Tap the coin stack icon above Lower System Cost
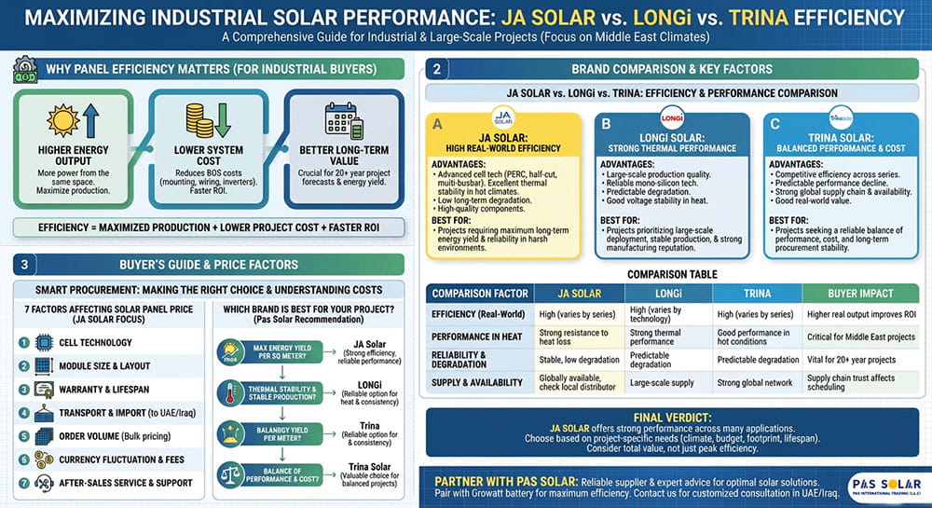pyautogui.click(x=201, y=120)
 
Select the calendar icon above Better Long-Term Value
pyautogui.click(x=336, y=120)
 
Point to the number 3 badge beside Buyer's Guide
pyautogui.click(x=22, y=264)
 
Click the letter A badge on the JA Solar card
pyautogui.click(x=436, y=122)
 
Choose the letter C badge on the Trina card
pyautogui.click(x=773, y=122)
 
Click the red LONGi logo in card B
pyautogui.click(x=671, y=119)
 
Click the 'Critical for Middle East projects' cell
pyautogui.click(x=861, y=336)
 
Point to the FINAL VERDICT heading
pyautogui.click(x=670, y=419)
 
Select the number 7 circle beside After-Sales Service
pyautogui.click(x=24, y=482)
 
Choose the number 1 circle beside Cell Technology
pyautogui.click(x=24, y=342)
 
